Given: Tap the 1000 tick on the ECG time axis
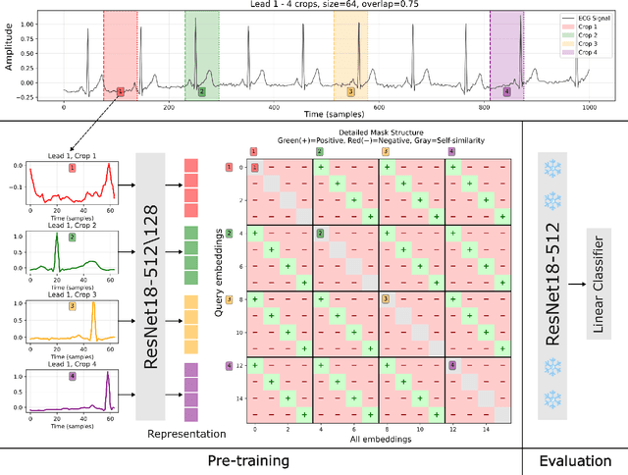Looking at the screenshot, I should (590, 105).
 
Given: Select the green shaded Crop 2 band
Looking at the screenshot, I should (202, 54).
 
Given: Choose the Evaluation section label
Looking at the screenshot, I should (575, 459).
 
